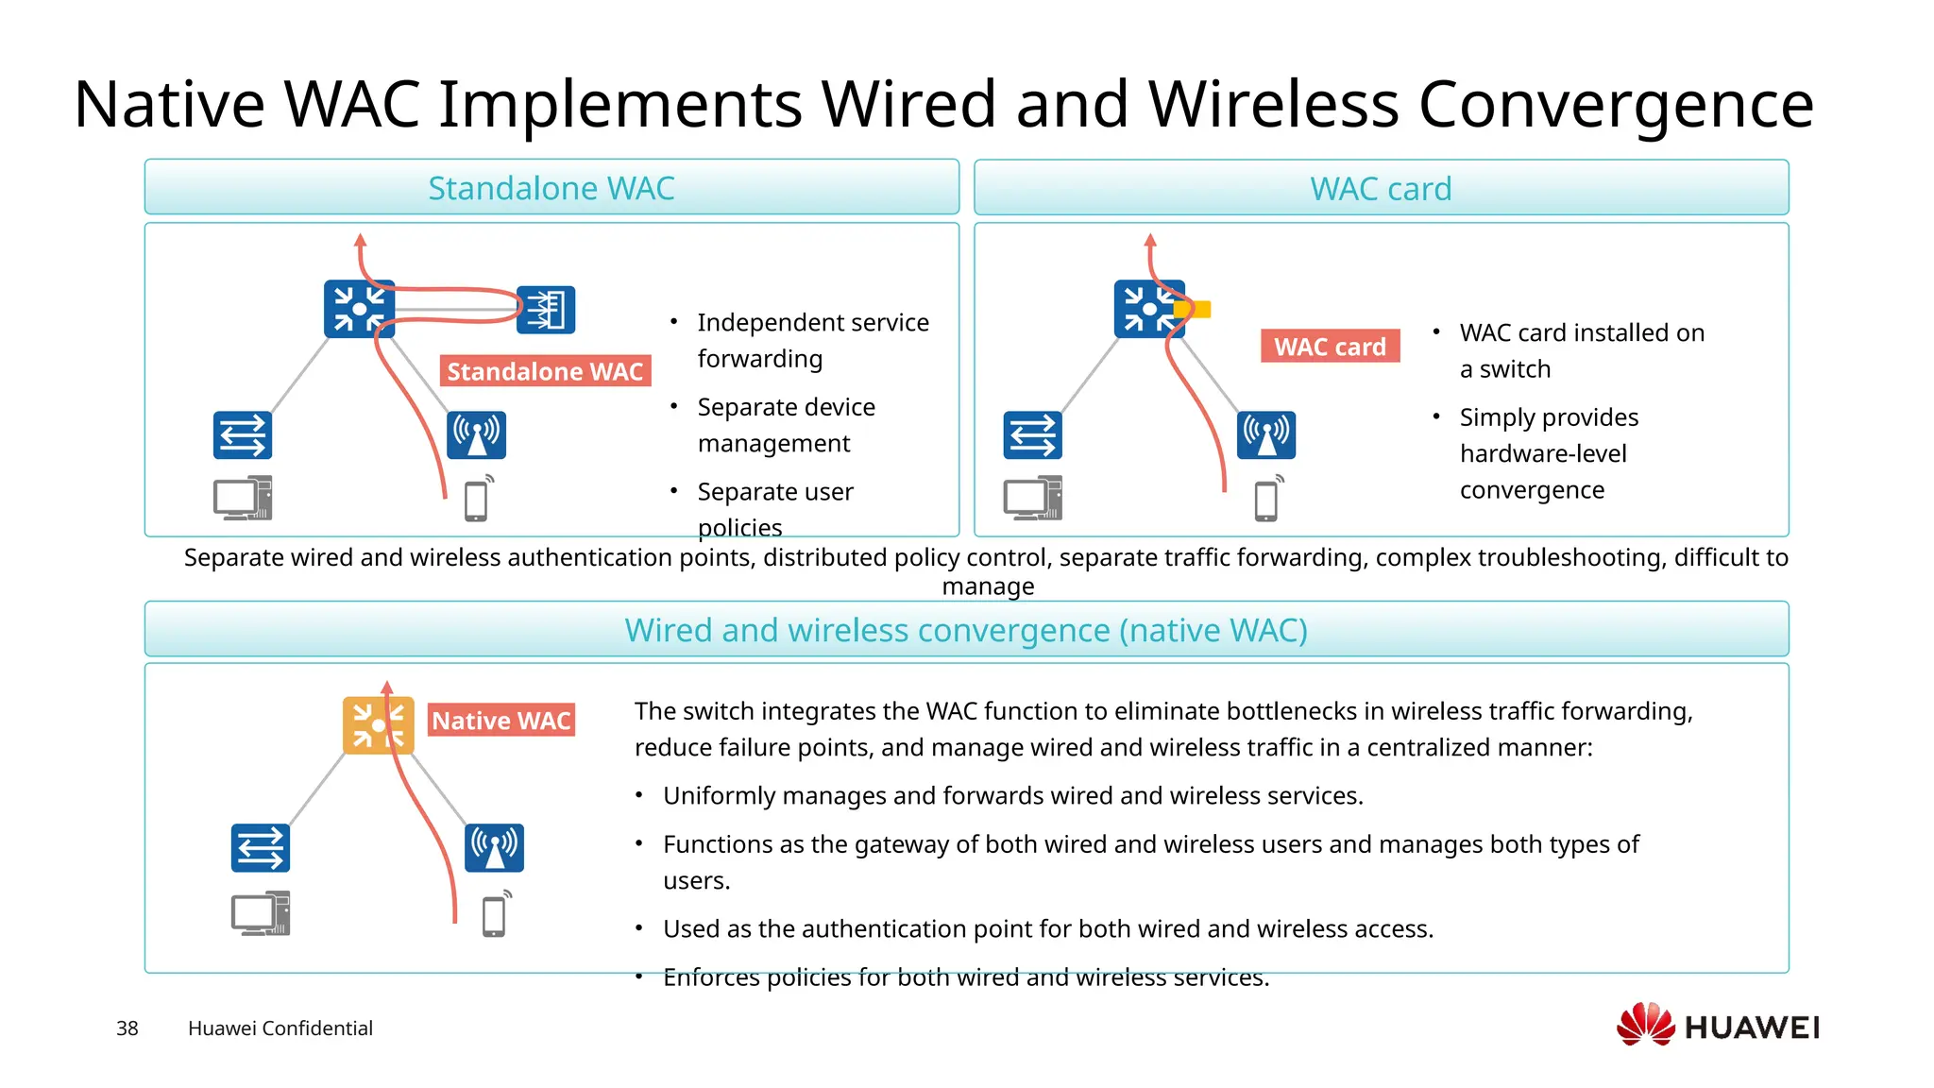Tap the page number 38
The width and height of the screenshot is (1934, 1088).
(127, 1028)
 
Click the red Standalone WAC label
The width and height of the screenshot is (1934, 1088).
(545, 371)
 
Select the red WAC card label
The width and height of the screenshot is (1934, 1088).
(1330, 347)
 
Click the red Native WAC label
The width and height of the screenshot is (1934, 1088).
(500, 721)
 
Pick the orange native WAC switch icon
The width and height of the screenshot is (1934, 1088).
(378, 725)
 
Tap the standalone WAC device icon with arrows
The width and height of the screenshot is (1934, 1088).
(546, 310)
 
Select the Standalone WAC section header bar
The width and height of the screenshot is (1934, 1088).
(551, 188)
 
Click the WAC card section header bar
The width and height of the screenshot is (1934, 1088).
(1381, 189)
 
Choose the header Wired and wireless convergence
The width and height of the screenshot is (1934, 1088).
(966, 630)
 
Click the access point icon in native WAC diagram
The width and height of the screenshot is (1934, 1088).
(494, 847)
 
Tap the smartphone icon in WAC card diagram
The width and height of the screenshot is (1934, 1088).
(1266, 500)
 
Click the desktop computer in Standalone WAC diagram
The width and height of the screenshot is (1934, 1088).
(243, 498)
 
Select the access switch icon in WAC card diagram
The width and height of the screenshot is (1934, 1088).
(1032, 435)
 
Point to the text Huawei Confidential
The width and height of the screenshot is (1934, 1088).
(280, 1028)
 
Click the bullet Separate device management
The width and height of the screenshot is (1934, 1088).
(786, 425)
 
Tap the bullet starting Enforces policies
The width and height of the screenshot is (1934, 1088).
(965, 977)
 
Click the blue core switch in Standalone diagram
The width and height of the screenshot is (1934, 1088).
(359, 309)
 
